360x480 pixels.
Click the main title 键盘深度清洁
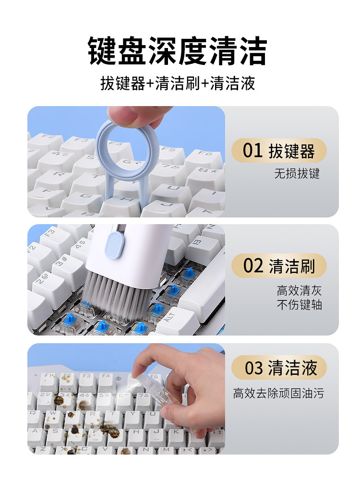(178, 50)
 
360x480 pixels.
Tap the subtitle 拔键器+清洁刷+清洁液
(178, 83)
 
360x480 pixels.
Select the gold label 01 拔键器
(279, 151)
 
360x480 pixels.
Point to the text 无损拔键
(297, 174)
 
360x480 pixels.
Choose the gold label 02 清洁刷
(279, 266)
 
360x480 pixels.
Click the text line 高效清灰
(299, 290)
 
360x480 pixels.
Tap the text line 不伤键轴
(299, 305)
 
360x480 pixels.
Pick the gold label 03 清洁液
(279, 368)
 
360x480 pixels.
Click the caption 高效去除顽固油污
(278, 394)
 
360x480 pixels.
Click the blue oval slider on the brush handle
(114, 245)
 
